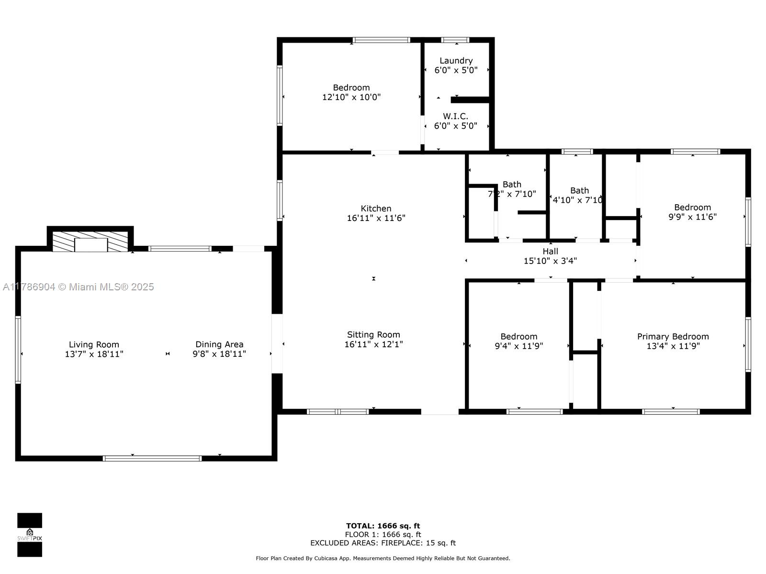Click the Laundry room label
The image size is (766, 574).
tap(456, 61)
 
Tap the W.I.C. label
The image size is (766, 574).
tap(455, 116)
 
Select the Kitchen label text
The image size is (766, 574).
tap(376, 209)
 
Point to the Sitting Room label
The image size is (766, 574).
tap(373, 334)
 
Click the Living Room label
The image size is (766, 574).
tap(94, 345)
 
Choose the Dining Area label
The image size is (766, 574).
tap(219, 344)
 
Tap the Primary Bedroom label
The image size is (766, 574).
tap(673, 337)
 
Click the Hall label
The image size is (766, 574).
tap(551, 251)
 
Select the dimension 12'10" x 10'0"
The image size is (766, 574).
tap(351, 97)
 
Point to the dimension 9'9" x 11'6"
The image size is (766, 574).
tap(692, 217)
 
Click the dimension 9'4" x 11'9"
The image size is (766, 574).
tap(519, 346)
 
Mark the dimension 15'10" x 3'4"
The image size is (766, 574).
tap(551, 261)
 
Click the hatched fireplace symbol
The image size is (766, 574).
tap(90, 241)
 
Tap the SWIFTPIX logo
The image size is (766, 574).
tap(30, 535)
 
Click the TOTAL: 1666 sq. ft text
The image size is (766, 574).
tap(383, 526)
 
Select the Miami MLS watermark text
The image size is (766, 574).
tap(78, 287)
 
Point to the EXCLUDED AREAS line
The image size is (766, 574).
tap(383, 543)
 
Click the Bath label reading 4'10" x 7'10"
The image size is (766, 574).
tap(577, 196)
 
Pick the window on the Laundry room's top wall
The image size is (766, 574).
tap(455, 40)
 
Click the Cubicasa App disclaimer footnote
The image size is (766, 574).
tap(383, 558)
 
